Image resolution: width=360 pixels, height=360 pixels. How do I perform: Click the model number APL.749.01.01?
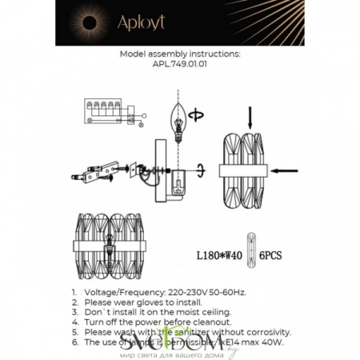coord(179,67)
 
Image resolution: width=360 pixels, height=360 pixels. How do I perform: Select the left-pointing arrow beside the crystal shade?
coord(285,170)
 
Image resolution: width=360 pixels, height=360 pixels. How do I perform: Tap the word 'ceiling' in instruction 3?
coord(216,312)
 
